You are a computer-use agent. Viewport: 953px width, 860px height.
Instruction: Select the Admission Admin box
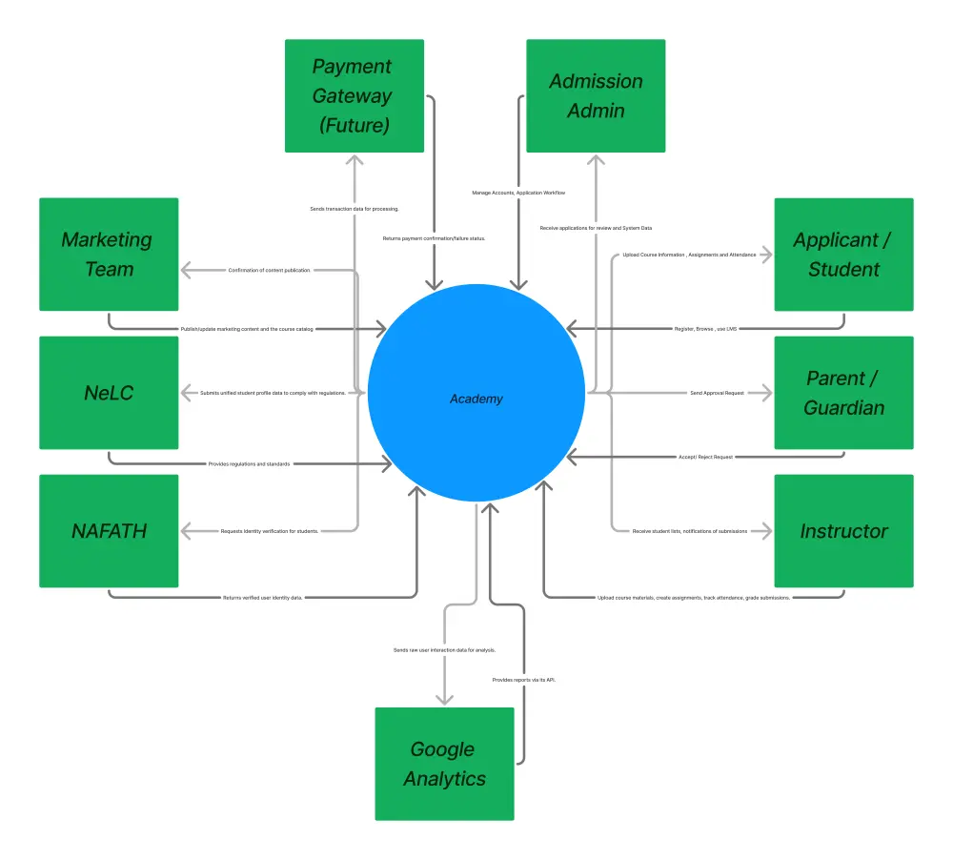click(596, 95)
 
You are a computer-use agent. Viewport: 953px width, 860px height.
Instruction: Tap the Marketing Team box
click(109, 254)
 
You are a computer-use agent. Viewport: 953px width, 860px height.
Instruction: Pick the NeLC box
click(109, 392)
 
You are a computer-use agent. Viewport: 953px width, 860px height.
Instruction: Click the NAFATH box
click(109, 531)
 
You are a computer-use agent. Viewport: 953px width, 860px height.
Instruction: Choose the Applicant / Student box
click(843, 254)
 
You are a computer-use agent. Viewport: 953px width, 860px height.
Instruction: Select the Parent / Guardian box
click(843, 392)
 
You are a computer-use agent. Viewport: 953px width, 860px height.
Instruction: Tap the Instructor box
click(843, 531)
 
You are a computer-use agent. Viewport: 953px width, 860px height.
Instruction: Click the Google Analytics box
click(444, 764)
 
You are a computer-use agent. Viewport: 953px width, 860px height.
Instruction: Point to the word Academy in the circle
click(476, 399)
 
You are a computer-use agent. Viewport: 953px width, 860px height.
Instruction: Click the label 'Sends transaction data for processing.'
click(355, 209)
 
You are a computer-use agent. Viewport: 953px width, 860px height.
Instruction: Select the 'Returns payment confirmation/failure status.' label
click(434, 238)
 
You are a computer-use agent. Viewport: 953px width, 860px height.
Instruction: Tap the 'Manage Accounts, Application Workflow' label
click(518, 193)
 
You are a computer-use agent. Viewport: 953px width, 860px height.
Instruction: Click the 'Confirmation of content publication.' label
click(270, 271)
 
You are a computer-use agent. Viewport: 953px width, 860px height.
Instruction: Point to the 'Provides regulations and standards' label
click(249, 464)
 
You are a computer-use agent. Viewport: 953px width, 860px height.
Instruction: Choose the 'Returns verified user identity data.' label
click(262, 598)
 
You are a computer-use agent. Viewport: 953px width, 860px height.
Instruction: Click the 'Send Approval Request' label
click(718, 393)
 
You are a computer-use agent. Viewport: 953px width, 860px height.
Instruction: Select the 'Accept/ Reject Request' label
click(705, 458)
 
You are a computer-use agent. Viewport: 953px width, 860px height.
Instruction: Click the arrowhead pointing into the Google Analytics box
click(445, 698)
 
